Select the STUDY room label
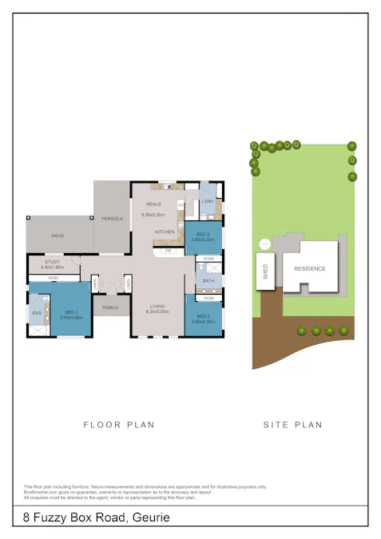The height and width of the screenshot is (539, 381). click(x=53, y=261)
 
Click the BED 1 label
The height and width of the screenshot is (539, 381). click(x=70, y=311)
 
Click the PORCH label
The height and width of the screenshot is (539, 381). click(x=110, y=307)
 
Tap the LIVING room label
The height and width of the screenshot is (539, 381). click(x=158, y=307)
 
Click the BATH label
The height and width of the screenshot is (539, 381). click(x=208, y=281)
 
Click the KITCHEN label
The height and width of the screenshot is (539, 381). click(x=165, y=232)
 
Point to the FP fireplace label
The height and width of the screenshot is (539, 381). click(x=168, y=251)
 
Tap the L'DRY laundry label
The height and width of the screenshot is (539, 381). click(x=208, y=202)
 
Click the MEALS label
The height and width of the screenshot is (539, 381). click(x=153, y=204)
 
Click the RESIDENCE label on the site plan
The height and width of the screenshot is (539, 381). click(x=310, y=268)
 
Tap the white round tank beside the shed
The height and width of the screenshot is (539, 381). click(x=264, y=244)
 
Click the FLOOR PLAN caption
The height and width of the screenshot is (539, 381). click(x=119, y=425)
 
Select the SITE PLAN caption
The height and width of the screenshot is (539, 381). click(x=292, y=425)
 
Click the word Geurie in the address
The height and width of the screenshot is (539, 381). click(x=151, y=518)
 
